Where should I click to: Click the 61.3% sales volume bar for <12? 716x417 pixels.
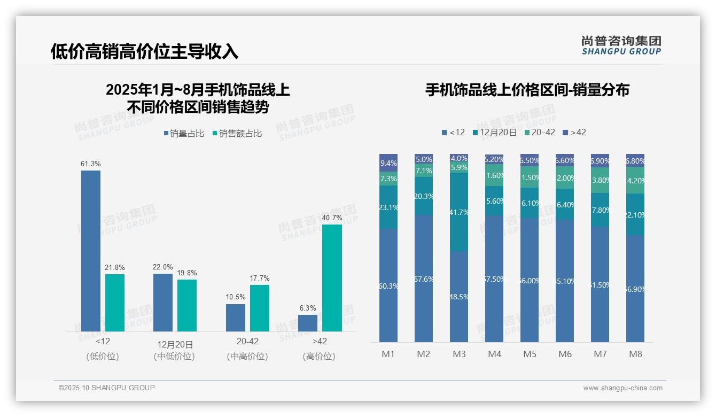click(91, 251)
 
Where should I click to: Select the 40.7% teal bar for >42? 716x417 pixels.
click(332, 277)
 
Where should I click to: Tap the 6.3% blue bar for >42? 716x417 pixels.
click(308, 323)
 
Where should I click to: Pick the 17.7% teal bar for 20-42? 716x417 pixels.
click(260, 308)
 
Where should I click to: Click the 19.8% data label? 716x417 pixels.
click(187, 273)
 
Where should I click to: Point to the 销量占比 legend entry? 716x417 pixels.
click(184, 134)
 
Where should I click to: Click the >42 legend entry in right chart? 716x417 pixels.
click(574, 132)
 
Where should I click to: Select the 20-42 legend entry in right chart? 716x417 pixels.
click(539, 132)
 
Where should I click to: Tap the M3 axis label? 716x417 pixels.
click(459, 354)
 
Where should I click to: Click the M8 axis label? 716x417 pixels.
click(635, 354)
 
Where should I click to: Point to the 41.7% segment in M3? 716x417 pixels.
click(459, 212)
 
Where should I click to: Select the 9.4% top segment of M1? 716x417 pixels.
click(388, 163)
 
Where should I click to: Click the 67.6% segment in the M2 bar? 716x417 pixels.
click(424, 279)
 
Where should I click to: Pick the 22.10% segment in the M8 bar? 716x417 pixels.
click(635, 214)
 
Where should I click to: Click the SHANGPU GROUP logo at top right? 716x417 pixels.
click(621, 45)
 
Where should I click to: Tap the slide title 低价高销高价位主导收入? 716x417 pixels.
click(144, 51)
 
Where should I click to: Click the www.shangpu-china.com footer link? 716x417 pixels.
click(622, 388)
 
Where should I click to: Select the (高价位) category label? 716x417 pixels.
click(319, 356)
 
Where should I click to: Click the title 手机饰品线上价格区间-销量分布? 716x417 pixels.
click(527, 90)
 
